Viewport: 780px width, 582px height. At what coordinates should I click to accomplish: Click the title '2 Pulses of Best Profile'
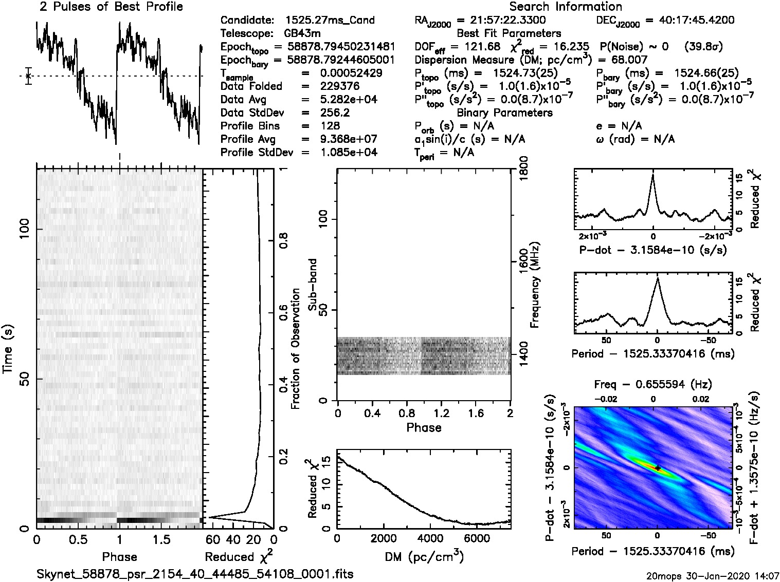pyautogui.click(x=111, y=7)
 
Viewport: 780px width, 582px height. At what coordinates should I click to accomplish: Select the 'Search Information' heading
pyautogui.click(x=566, y=7)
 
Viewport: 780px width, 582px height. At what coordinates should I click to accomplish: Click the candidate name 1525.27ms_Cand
pyautogui.click(x=330, y=21)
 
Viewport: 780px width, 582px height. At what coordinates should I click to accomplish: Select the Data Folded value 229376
pyautogui.click(x=339, y=86)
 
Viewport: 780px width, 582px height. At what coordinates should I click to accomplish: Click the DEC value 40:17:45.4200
pyautogui.click(x=690, y=21)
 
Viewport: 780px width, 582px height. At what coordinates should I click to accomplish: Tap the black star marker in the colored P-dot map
pyautogui.click(x=658, y=468)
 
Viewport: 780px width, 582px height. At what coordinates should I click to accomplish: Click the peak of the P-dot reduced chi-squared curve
pyautogui.click(x=653, y=175)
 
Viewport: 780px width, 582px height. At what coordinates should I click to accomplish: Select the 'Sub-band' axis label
pyautogui.click(x=312, y=285)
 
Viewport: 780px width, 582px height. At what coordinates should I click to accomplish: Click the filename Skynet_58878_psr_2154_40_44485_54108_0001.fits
pyautogui.click(x=195, y=574)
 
